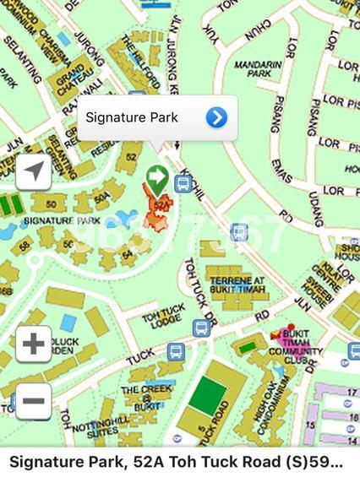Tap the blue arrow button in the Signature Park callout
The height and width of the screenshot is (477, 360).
[216, 117]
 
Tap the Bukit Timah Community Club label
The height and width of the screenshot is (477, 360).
[302, 344]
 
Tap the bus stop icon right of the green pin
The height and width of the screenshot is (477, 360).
[182, 183]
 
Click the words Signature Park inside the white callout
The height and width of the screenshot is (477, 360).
[132, 117]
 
